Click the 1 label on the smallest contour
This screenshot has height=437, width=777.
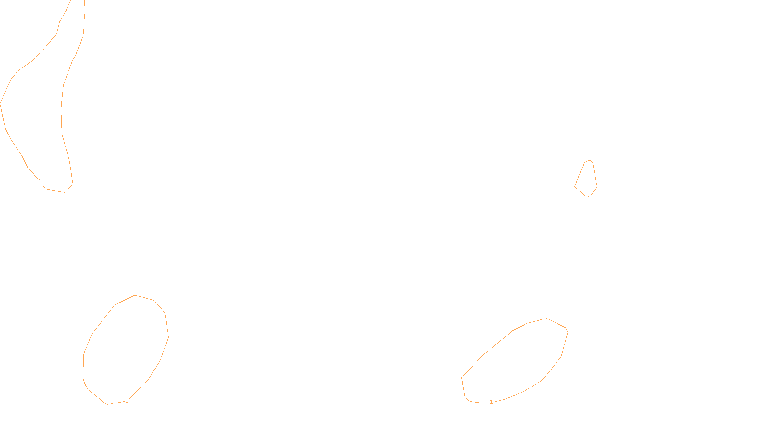pos(589,198)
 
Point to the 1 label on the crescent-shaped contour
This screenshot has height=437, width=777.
pos(40,181)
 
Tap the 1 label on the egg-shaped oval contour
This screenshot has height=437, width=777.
pos(127,401)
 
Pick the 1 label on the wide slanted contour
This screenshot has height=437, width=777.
pos(491,402)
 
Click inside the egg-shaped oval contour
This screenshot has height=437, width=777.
pos(125,350)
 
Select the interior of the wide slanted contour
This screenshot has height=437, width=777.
pos(515,362)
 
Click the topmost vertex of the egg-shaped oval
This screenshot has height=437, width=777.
pos(135,295)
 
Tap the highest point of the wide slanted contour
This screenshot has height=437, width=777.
pos(547,319)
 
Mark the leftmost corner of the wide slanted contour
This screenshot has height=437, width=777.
pos(462,377)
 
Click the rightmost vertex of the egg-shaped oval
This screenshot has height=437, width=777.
pos(168,336)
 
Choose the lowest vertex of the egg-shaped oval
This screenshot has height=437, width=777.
pos(107,404)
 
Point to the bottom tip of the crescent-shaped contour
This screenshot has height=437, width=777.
pos(65,192)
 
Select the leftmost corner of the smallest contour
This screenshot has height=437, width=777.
pos(575,186)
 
